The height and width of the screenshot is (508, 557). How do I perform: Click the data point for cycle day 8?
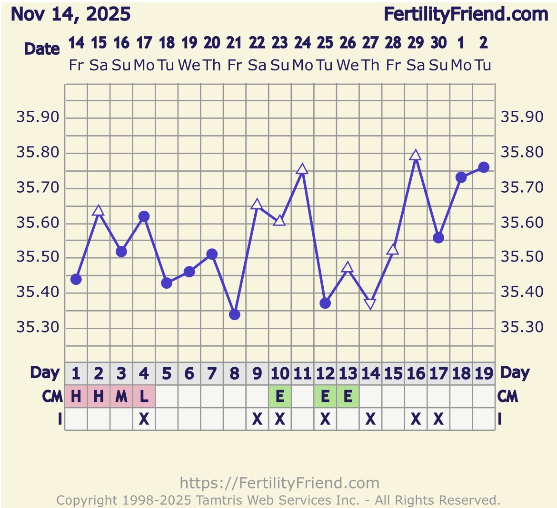click(234, 314)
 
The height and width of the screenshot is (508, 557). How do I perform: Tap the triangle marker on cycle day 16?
click(416, 156)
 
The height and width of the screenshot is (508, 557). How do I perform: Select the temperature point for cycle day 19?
click(484, 167)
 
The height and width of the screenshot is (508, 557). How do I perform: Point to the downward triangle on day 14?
click(370, 303)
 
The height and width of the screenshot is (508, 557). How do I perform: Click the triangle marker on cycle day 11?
click(302, 169)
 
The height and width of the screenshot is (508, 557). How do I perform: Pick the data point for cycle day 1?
click(76, 279)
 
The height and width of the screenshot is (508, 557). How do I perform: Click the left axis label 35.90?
click(38, 117)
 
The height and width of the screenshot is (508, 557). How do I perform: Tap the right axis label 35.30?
click(522, 327)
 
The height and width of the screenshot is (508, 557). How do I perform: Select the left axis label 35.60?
click(38, 223)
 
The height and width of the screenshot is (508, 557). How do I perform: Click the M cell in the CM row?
click(121, 396)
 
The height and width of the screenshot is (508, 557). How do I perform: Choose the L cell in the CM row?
click(144, 396)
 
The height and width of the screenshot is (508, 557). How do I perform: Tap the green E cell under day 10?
click(280, 396)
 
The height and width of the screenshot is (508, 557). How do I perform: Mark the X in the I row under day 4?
click(144, 419)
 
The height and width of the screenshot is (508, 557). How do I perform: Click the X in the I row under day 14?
click(370, 419)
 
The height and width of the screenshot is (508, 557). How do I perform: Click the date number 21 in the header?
click(234, 43)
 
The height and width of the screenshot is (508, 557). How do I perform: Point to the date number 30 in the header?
click(438, 43)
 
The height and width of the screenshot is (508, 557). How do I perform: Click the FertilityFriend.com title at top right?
click(466, 15)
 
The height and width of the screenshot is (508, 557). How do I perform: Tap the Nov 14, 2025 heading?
click(70, 15)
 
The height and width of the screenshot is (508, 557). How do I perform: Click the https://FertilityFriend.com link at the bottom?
click(279, 483)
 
